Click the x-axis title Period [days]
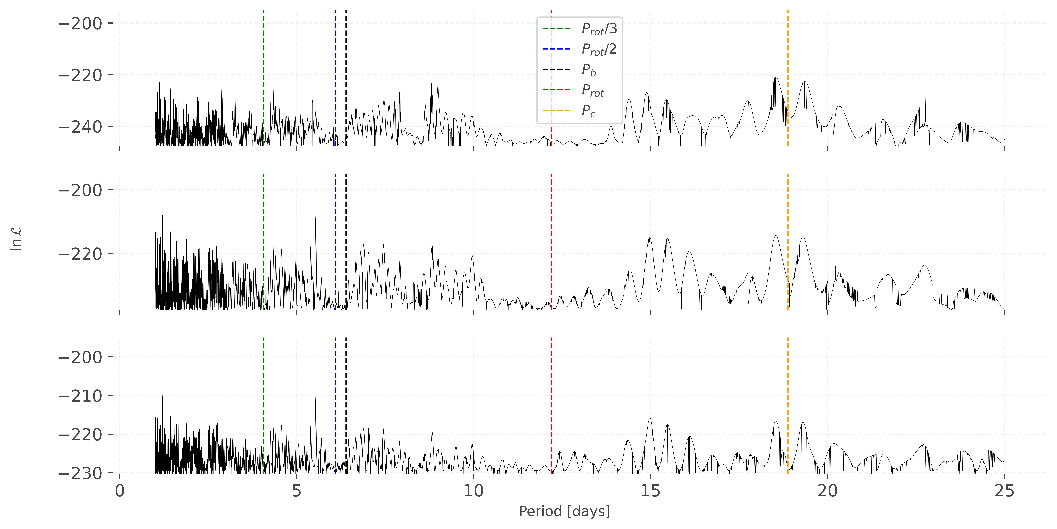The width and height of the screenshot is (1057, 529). point(564,511)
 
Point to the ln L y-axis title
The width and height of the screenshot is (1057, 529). point(16,239)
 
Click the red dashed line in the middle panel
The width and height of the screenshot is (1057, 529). point(551,230)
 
